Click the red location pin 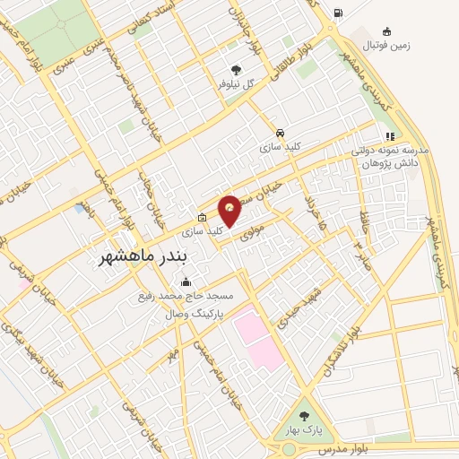point(230,210)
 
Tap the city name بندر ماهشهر point(143,258)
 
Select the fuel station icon point(337,13)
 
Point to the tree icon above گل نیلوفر point(236,68)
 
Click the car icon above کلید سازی point(281,130)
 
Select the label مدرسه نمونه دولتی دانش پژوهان point(391,158)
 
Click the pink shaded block point(259,340)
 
